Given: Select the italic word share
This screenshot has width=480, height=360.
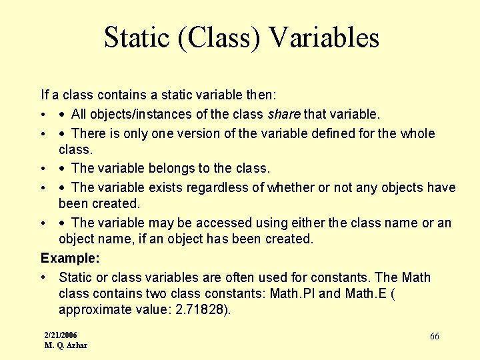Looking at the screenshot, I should [x=285, y=114].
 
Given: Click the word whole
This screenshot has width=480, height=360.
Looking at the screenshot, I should [x=417, y=133].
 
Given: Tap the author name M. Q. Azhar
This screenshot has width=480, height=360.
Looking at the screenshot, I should [x=65, y=345].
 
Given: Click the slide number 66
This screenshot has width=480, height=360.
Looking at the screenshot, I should [x=434, y=336].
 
